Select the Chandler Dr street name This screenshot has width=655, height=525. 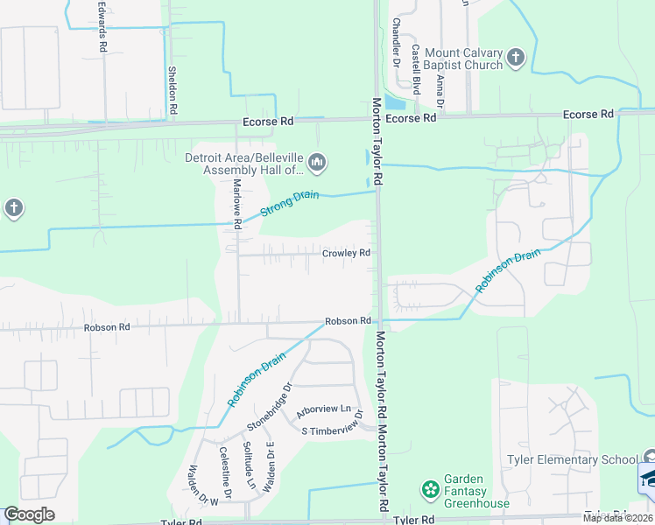(x=396, y=43)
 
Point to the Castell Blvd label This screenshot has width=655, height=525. (x=416, y=70)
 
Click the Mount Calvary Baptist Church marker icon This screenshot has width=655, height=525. (x=516, y=58)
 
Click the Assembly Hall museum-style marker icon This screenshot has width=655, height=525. (x=316, y=163)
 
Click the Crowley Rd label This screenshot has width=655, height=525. (x=346, y=253)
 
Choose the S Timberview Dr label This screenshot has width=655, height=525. (x=331, y=430)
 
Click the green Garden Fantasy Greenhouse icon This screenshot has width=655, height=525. (x=430, y=488)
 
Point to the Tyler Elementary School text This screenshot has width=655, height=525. (x=573, y=459)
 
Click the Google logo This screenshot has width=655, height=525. (x=30, y=514)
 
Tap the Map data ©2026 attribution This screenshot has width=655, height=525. (x=616, y=518)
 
